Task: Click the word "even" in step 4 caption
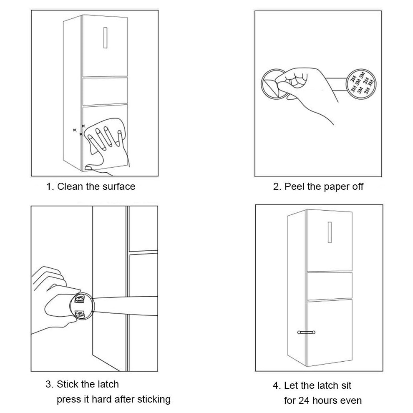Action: coord(351,401)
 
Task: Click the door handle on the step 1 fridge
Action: coord(106,38)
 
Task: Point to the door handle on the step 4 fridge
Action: coord(330,232)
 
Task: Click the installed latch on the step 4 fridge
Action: coord(306,332)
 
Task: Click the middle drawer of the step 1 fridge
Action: coord(105,91)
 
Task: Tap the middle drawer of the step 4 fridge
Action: coord(330,286)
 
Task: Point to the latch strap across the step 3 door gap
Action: coord(125,305)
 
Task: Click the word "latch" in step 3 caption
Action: coord(108,384)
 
